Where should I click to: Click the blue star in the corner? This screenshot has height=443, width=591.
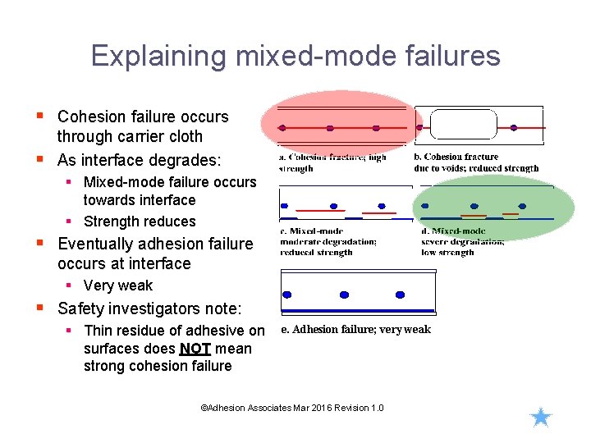click(540, 418)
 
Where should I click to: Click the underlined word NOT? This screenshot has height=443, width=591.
click(195, 349)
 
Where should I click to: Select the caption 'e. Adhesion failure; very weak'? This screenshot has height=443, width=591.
click(355, 330)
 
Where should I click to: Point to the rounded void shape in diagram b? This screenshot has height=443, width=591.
click(463, 126)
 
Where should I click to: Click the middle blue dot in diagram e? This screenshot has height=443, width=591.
click(343, 295)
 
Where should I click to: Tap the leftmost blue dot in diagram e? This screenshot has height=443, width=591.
click(287, 295)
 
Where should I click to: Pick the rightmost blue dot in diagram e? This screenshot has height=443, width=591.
click(400, 295)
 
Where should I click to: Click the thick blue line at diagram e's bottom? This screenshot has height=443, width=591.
click(357, 311)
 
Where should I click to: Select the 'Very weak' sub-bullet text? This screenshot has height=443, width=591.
click(117, 285)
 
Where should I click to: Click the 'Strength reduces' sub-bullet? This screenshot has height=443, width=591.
click(140, 221)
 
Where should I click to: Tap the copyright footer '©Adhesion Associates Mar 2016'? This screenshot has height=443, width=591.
click(291, 408)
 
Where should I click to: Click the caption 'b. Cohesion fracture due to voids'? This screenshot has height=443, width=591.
click(476, 162)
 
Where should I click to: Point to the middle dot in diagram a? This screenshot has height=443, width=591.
click(330, 128)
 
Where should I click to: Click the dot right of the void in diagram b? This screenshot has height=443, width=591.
click(514, 128)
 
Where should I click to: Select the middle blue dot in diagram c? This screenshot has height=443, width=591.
click(333, 206)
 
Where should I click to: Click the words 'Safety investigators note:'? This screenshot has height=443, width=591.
click(149, 308)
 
